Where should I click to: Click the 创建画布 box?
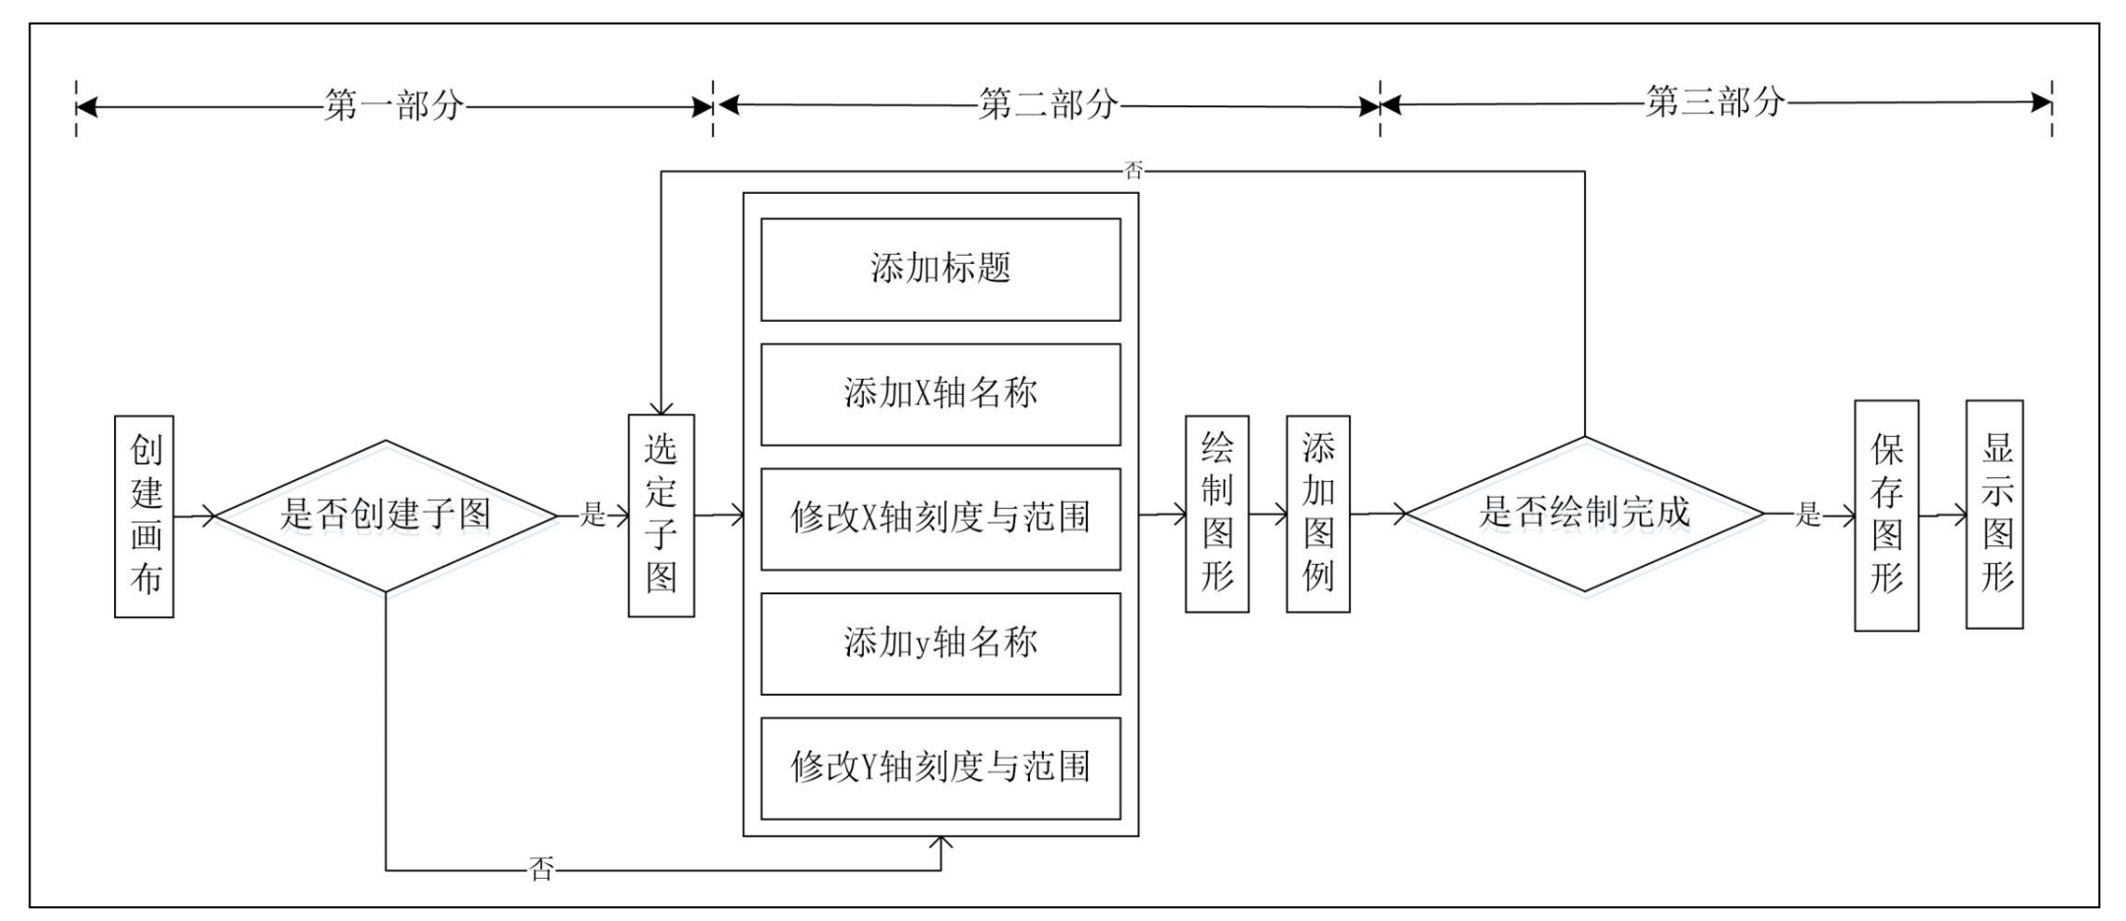point(145,517)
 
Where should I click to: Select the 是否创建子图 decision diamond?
point(386,516)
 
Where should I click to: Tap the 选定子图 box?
point(661,516)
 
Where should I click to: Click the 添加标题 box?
point(941,270)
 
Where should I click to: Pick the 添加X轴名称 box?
point(941,395)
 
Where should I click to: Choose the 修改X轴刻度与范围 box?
point(941,520)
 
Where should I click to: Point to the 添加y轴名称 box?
point(941,645)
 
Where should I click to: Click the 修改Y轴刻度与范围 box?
point(941,768)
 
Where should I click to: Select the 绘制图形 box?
point(1217,514)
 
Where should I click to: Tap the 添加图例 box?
point(1318,514)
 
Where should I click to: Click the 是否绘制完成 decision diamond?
point(1585,514)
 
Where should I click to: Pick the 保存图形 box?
point(1887,516)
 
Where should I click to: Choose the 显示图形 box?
point(1995,515)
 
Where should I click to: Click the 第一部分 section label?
point(394,105)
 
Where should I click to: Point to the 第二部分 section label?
point(1048,104)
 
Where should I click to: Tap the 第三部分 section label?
point(1716,101)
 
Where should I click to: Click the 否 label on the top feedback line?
point(1133,171)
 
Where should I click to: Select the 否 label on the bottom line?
point(542,869)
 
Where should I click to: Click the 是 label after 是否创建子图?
point(592,514)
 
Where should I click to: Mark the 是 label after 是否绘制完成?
point(1808,514)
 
